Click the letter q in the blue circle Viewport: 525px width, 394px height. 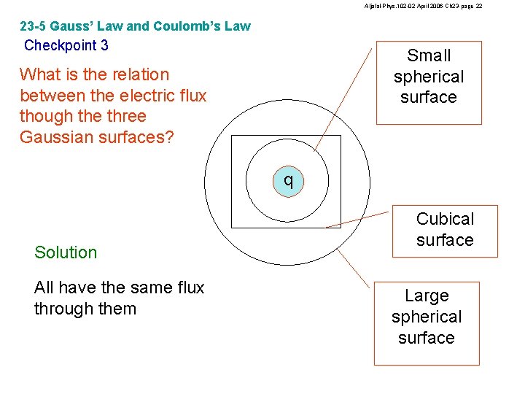tap(289, 179)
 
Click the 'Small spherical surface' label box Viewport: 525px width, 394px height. tap(429, 82)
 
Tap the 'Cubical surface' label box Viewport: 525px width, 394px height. tap(445, 230)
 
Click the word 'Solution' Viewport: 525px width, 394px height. tap(66, 252)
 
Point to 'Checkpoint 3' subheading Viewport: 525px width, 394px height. tap(66, 45)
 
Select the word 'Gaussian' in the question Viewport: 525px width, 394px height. tap(55, 137)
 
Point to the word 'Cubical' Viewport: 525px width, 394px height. tap(445, 219)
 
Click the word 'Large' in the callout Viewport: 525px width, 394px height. tap(427, 295)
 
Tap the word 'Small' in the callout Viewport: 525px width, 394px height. tap(429, 55)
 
